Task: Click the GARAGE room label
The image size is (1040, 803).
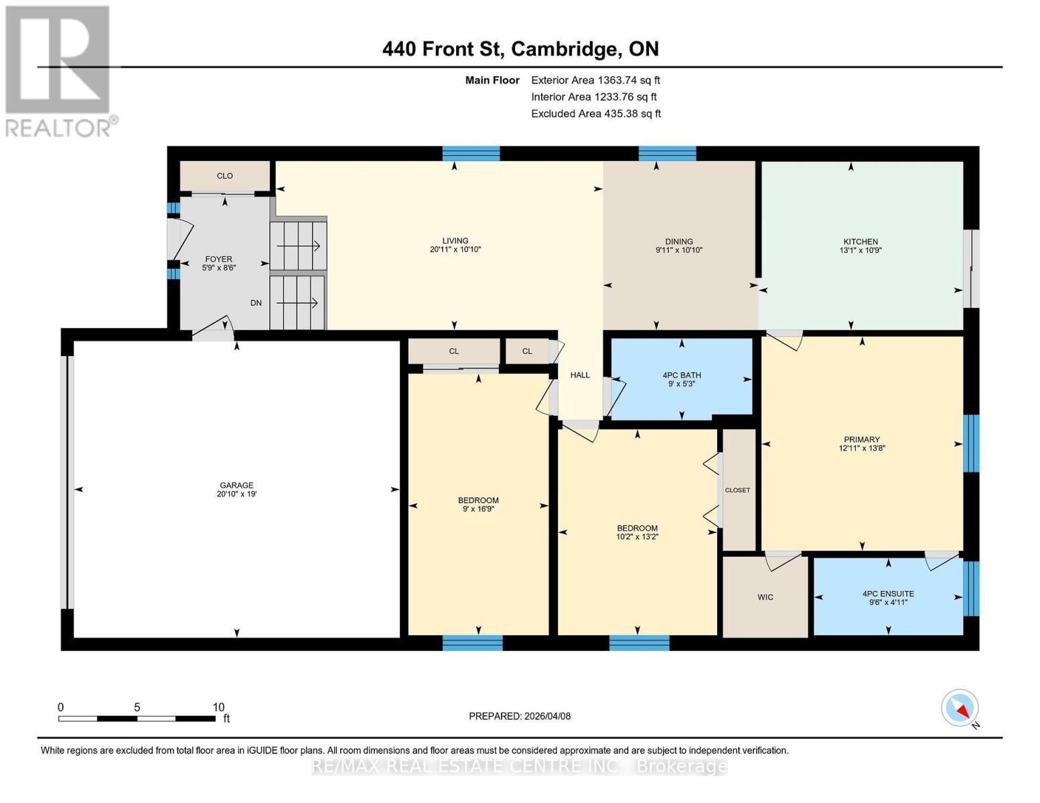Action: (236, 485)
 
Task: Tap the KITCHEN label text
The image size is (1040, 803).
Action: (861, 242)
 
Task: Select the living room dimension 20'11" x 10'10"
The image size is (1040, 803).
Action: (455, 250)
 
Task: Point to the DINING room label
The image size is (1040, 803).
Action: (678, 242)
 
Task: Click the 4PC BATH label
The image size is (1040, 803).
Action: (682, 375)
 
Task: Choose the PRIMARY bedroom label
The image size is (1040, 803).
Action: (861, 440)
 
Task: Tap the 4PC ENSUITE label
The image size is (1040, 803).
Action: (888, 594)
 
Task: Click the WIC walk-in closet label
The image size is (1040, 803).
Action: (765, 597)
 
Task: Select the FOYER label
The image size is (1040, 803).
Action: (218, 259)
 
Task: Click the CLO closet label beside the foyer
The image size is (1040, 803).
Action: (224, 176)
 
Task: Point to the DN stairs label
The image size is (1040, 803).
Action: (256, 303)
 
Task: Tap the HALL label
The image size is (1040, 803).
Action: (580, 375)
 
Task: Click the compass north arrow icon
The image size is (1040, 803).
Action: (960, 708)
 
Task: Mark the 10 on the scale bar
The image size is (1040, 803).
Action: (218, 707)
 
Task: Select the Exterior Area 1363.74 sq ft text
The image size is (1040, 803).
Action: (595, 80)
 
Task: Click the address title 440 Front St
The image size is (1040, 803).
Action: (445, 49)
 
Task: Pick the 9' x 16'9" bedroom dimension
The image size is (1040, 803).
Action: (478, 509)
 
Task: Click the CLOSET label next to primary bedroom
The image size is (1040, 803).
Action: (737, 490)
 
